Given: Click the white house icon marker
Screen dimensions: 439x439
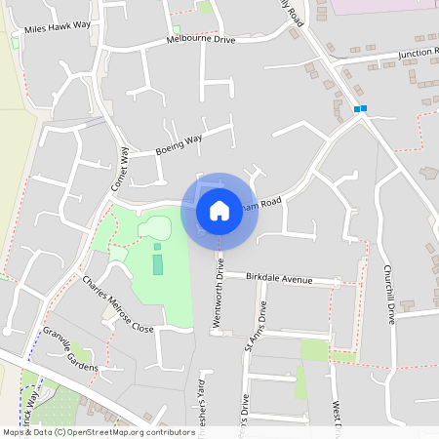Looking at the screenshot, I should tap(219, 210).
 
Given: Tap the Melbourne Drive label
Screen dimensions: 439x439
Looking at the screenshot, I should tap(201, 40).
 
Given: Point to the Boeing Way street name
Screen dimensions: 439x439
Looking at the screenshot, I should tap(179, 145).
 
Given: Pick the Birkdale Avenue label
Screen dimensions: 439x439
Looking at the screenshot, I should tap(279, 278).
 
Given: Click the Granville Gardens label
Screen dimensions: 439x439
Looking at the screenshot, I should tap(71, 349).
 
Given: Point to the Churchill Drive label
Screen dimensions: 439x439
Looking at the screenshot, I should tap(388, 294).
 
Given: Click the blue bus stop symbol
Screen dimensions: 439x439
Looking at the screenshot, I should tap(360, 108).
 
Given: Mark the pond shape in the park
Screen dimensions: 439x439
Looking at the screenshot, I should tap(154, 228).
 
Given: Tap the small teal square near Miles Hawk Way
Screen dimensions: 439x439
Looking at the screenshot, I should tap(16, 43).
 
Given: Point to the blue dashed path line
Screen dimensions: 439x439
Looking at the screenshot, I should tap(20, 400).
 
